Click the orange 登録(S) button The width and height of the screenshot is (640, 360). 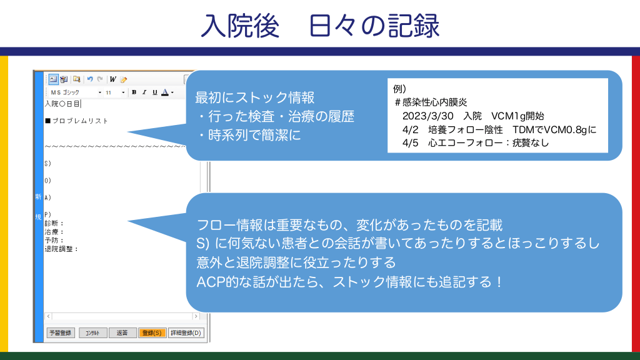tap(152, 332)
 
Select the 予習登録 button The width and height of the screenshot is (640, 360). tap(61, 332)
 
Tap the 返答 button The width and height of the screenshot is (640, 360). tap(122, 332)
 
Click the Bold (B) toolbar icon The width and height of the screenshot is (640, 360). tap(134, 92)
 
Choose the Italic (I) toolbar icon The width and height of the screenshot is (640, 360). tap(144, 92)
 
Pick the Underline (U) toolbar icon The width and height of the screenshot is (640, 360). tap(155, 92)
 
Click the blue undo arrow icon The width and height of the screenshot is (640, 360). tap(90, 79)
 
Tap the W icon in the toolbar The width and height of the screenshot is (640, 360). tap(112, 79)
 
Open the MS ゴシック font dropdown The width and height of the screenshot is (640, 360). tap(76, 92)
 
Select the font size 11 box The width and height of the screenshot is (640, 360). tap(115, 92)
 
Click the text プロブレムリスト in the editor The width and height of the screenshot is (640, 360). tap(80, 121)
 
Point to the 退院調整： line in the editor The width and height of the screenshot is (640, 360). tap(61, 249)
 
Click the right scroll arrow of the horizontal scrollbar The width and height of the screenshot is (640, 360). tap(196, 316)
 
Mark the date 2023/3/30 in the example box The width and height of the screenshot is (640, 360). tap(427, 116)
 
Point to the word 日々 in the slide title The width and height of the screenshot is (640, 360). tap(334, 26)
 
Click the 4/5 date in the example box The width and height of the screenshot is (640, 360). tap(410, 143)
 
